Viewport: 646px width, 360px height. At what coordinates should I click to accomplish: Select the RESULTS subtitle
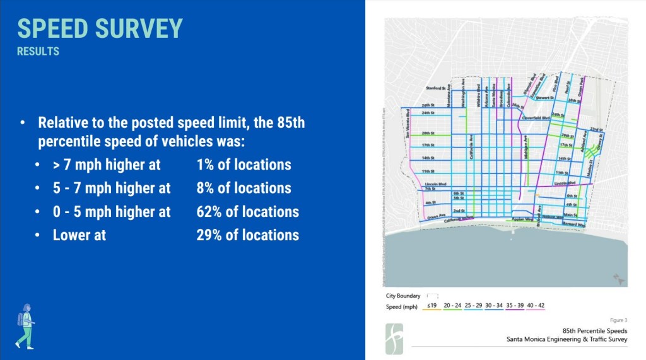coord(38,52)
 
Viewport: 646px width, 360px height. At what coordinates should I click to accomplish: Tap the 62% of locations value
coord(247,212)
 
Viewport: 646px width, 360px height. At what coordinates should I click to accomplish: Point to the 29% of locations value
coord(247,235)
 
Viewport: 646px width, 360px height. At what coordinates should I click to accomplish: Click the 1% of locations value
coord(244,165)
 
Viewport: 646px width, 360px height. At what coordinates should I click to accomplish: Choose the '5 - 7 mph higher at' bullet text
coord(112,188)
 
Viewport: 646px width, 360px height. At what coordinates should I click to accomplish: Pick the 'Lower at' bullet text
coord(79,235)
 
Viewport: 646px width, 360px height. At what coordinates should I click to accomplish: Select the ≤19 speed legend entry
coord(432,306)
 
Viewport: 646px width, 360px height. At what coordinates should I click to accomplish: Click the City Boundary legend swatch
coord(432,295)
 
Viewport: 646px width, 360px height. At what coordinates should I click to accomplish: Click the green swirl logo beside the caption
coord(395,339)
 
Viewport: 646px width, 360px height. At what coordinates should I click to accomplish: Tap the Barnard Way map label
coord(573,224)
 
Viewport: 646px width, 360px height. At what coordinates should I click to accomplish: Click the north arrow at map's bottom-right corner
coord(617,278)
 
